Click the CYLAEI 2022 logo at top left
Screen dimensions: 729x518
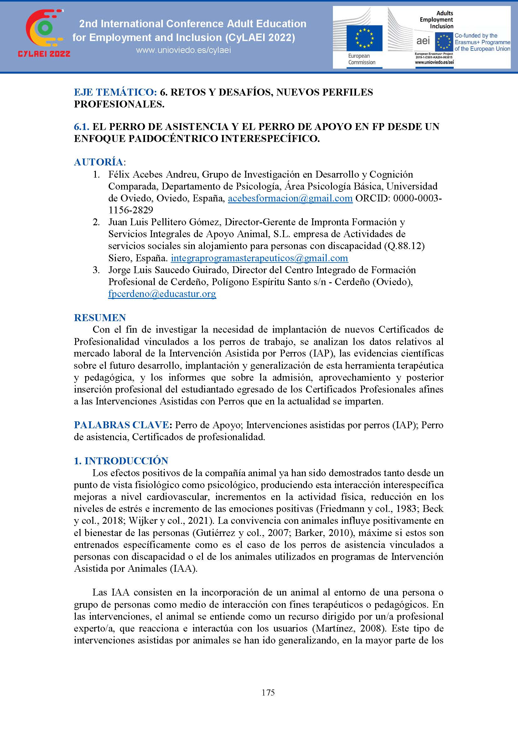[x=44, y=34]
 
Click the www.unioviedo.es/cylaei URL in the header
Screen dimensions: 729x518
[x=184, y=50]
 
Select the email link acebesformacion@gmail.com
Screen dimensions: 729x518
[x=290, y=198]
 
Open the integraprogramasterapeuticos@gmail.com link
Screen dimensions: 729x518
[x=259, y=258]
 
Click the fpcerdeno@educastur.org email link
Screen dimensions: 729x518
[x=162, y=294]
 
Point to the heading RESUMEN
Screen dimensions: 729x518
[x=100, y=318]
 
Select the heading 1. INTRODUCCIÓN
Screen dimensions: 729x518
[x=121, y=461]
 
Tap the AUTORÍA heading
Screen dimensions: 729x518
[x=99, y=162]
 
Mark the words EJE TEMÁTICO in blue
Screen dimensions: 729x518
[x=115, y=92]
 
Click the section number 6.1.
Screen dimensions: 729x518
[x=82, y=127]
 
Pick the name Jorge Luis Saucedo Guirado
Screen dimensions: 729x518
[x=168, y=270]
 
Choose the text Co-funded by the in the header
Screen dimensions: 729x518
[x=476, y=36]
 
